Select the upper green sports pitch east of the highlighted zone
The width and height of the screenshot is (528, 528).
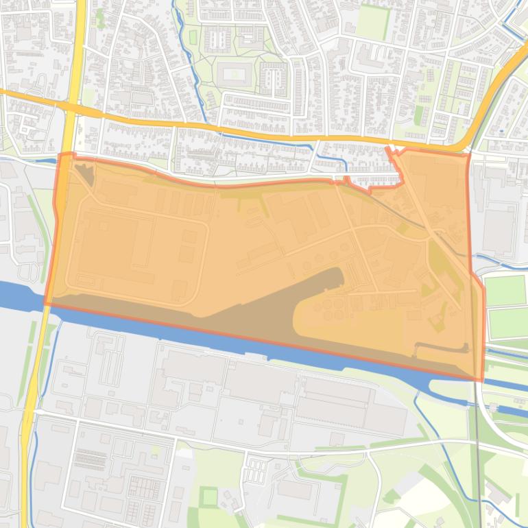505,290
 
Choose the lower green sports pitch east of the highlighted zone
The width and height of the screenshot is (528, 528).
507,323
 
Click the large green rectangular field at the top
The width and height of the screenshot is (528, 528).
372,21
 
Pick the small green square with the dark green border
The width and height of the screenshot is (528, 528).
209,496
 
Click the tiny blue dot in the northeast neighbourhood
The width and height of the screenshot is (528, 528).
501,130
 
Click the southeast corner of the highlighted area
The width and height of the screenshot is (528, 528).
482,379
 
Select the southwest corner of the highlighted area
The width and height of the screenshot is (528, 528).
47,303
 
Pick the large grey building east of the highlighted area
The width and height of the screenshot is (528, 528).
499,226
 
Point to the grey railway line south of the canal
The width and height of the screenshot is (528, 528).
476,439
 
